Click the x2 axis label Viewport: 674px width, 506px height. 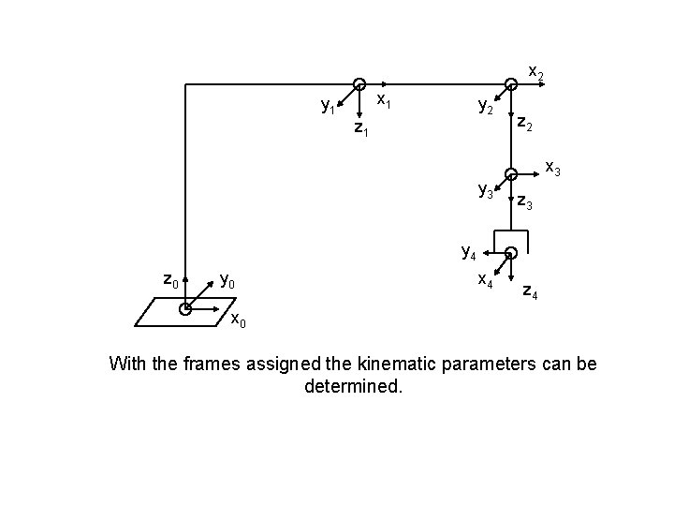coord(536,72)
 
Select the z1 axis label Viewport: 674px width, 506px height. coord(360,129)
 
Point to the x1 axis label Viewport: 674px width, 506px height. coord(384,98)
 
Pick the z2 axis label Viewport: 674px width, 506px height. coord(525,125)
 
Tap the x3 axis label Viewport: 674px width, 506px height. coord(553,170)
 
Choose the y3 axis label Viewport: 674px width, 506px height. coord(486,191)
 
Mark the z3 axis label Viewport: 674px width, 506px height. coord(525,202)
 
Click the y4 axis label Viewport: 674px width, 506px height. coord(469,251)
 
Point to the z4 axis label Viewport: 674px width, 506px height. coord(529,291)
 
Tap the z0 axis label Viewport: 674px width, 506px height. coord(170,279)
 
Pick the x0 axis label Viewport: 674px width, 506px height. coord(239,321)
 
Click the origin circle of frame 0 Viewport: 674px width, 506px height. coord(186,307)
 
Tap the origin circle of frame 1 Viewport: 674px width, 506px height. coord(359,84)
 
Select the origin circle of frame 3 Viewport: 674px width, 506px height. coord(510,173)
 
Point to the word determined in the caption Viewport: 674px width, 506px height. coord(354,385)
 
